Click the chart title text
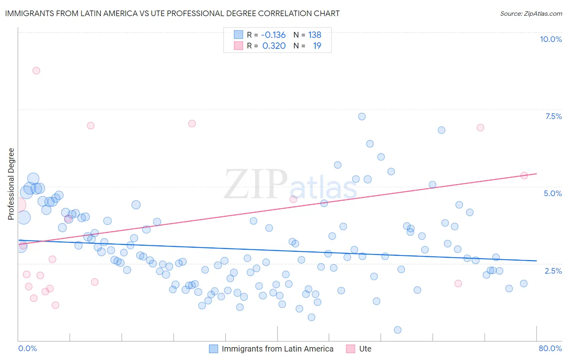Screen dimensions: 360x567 click(172, 13)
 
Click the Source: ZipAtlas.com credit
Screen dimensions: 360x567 click(531, 13)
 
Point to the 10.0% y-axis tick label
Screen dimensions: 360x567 click(550, 39)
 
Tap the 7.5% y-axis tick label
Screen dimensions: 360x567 click(553, 116)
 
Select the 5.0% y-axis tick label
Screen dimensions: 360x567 click(552, 193)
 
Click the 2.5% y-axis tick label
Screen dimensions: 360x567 click(553, 271)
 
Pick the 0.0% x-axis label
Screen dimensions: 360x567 click(27, 348)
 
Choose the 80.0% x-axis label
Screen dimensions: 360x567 click(550, 348)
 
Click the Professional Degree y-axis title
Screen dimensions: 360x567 click(11, 184)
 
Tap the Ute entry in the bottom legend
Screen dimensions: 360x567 click(365, 349)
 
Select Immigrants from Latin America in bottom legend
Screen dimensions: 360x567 click(277, 349)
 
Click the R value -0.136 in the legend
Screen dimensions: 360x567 click(273, 35)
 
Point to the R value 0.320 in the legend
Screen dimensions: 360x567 click(274, 46)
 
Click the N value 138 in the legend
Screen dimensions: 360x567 click(315, 35)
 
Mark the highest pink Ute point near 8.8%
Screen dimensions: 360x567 click(36, 71)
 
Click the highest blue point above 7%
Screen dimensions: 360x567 click(362, 117)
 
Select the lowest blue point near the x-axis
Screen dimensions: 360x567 click(398, 330)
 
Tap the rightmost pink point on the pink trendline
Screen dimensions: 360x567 click(524, 176)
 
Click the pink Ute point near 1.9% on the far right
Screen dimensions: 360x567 click(458, 283)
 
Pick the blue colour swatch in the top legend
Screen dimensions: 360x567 click(238, 35)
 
